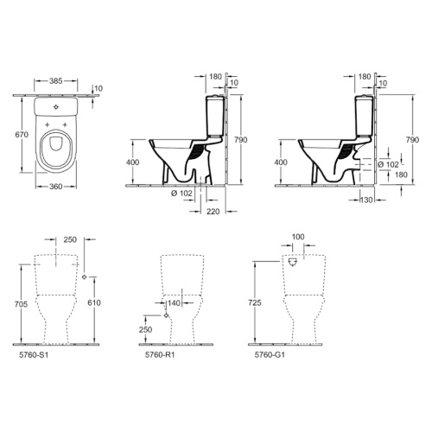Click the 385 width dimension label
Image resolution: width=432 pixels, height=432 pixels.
pyautogui.click(x=55, y=81)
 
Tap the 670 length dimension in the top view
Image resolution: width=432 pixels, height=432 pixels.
pyautogui.click(x=22, y=135)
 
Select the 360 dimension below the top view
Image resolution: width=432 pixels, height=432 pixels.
pyautogui.click(x=55, y=187)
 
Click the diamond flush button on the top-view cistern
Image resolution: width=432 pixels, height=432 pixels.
pyautogui.click(x=56, y=107)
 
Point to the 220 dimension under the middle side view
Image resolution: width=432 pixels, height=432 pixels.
pyautogui.click(x=213, y=212)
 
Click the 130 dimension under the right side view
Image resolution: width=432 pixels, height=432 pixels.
pyautogui.click(x=366, y=200)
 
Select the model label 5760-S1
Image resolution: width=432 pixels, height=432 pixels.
pyautogui.click(x=34, y=355)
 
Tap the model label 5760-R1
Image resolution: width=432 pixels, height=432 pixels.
pyautogui.click(x=160, y=355)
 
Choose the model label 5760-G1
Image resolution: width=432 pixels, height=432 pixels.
pyautogui.click(x=270, y=355)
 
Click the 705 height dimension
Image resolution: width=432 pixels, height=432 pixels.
pyautogui.click(x=21, y=304)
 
